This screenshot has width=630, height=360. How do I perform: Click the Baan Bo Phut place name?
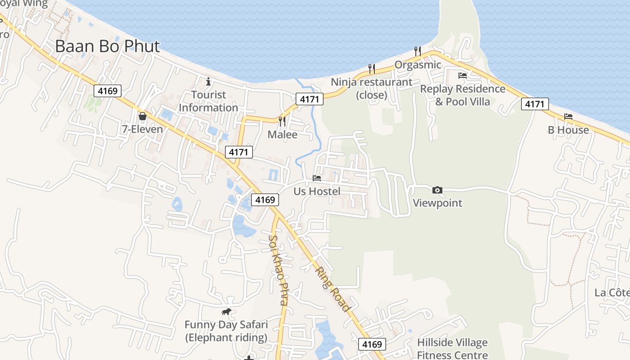coord(108,46)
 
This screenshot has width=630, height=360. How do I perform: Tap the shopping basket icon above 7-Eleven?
coord(143,116)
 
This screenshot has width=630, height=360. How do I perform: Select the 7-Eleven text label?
coord(143,129)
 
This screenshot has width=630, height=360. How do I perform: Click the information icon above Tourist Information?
coord(208,82)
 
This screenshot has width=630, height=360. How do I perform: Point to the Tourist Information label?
coord(208,101)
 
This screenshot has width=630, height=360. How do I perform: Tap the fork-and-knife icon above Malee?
coord(282,121)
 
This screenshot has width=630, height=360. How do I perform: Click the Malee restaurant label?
coord(283,135)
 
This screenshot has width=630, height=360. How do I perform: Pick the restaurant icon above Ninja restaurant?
coord(372,68)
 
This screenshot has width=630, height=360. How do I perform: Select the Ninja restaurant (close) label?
coord(372,89)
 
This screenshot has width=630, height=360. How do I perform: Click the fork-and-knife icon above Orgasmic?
coord(418,51)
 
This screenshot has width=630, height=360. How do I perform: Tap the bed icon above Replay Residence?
coord(463,75)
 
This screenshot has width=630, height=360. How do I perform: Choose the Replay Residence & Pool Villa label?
coord(463,95)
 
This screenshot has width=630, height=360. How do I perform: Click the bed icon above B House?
coord(568,117)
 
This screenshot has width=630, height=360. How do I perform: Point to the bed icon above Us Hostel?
coord(317,178)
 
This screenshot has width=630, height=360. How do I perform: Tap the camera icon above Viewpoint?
coord(437,190)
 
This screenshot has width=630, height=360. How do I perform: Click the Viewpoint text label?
coord(437,203)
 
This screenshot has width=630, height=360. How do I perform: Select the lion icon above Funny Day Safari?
coord(226,311)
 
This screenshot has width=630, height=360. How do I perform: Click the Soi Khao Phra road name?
coord(278,270)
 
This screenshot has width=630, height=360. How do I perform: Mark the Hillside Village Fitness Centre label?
coord(452,349)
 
